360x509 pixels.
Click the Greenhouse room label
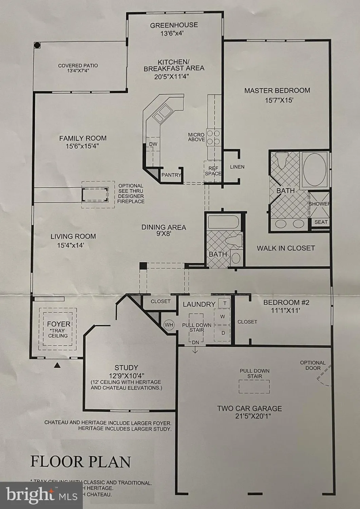pos(174,25)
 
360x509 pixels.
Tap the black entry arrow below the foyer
pos(58,365)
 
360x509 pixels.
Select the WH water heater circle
pos(169,325)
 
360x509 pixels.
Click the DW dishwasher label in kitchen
pos(153,144)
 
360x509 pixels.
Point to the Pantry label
pos(171,175)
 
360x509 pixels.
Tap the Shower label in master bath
pos(319,204)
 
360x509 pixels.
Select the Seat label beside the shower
pos(321,222)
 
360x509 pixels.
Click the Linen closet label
pos(237,167)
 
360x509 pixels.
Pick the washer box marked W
pos(223,317)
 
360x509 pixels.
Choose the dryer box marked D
pos(223,333)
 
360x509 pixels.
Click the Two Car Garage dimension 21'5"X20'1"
pos(249,416)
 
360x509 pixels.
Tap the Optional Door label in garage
pos(312,365)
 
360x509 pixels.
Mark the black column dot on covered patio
pos(37,45)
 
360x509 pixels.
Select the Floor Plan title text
pos(81,462)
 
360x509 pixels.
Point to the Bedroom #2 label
pos(282,302)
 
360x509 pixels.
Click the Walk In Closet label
pos(286,248)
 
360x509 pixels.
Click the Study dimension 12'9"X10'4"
pos(126,376)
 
